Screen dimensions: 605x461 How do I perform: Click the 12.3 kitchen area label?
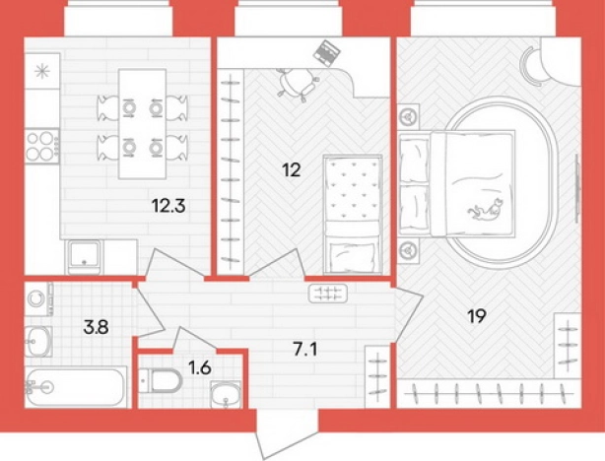[x=169, y=206]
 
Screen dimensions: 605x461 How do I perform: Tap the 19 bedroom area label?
[x=477, y=316]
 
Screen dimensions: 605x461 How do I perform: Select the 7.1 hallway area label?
[x=304, y=350]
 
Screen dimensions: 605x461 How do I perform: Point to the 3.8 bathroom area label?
[x=97, y=327]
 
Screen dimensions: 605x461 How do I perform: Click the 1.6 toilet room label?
[x=200, y=368]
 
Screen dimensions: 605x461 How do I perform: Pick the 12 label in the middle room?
[x=292, y=169]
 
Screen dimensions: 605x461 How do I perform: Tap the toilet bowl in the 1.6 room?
[x=161, y=380]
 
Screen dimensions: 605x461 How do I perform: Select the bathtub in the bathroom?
[x=76, y=386]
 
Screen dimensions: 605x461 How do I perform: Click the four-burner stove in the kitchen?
[x=42, y=146]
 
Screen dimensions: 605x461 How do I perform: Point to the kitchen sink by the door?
[x=84, y=257]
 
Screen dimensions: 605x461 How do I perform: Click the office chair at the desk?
[x=298, y=85]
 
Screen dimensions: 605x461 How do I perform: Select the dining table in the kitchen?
[x=142, y=124]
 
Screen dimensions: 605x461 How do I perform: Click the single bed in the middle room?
[x=353, y=215]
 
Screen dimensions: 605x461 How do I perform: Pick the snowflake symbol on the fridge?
[x=42, y=72]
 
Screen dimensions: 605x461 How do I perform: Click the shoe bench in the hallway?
[x=328, y=294]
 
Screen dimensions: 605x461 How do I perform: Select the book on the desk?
[x=326, y=53]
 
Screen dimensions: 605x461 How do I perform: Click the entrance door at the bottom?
[x=288, y=434]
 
